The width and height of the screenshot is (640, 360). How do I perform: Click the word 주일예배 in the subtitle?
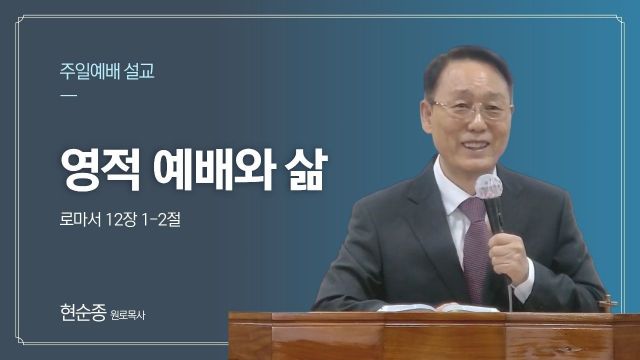89,71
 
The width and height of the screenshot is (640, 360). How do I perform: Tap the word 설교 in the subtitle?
140,71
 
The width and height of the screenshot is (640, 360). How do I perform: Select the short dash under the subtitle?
68,96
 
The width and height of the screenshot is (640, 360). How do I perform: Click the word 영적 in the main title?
100,169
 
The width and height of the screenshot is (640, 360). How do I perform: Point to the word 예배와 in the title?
215,169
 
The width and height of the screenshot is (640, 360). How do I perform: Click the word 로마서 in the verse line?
80,220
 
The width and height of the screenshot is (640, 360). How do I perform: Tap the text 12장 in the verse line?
121,220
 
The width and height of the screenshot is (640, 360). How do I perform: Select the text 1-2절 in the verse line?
161,220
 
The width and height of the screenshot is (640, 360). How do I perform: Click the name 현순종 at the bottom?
83,312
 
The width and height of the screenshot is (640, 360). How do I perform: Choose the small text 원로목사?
128,315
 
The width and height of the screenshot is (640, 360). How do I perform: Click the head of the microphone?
489,187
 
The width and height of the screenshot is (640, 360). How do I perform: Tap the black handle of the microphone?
495,216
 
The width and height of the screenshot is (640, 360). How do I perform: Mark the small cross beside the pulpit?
608,303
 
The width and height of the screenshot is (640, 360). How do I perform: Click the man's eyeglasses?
472,109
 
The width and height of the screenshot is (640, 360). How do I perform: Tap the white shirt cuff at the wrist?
524,282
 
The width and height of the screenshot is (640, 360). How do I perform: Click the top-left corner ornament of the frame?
20,20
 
